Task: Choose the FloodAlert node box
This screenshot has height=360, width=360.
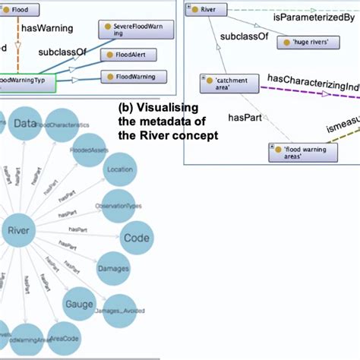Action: tap(134, 55)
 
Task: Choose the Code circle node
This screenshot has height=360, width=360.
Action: tap(137, 236)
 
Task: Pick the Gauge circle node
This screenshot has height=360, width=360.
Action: tap(78, 305)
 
